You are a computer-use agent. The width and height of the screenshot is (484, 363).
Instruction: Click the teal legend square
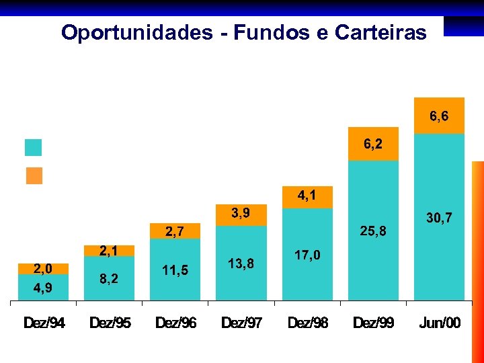tap(33, 147)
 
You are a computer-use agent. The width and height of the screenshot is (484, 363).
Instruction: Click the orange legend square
tap(34, 175)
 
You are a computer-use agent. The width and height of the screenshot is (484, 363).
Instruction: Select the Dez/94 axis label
tap(44, 323)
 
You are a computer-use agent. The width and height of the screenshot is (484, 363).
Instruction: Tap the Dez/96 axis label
tap(175, 323)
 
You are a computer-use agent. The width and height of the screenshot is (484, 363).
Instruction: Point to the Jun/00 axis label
tap(440, 323)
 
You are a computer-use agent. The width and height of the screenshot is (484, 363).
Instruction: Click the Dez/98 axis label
tap(308, 323)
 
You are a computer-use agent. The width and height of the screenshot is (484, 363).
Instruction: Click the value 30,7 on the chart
tap(439, 218)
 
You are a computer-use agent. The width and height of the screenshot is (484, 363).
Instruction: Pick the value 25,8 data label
tap(373, 231)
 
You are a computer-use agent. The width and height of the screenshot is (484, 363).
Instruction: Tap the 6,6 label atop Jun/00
tap(439, 116)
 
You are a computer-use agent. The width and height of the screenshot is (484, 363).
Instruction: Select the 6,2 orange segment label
tap(373, 144)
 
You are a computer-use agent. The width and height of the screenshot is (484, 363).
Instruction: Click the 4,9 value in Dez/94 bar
tap(42, 288)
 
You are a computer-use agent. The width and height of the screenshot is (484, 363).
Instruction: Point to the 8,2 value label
tap(109, 278)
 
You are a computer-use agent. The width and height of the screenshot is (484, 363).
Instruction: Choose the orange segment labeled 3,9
tap(241, 214)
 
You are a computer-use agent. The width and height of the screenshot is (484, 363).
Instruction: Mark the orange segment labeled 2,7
tap(175, 232)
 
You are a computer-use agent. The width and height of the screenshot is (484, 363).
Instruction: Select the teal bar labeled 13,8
tap(241, 264)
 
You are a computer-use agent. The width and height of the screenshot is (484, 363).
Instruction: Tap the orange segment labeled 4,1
tap(307, 196)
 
